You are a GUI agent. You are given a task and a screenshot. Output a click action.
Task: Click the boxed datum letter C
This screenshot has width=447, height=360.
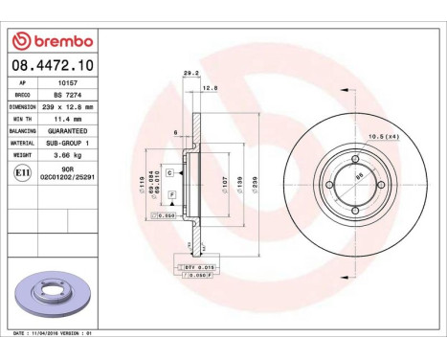pos(168,172)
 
